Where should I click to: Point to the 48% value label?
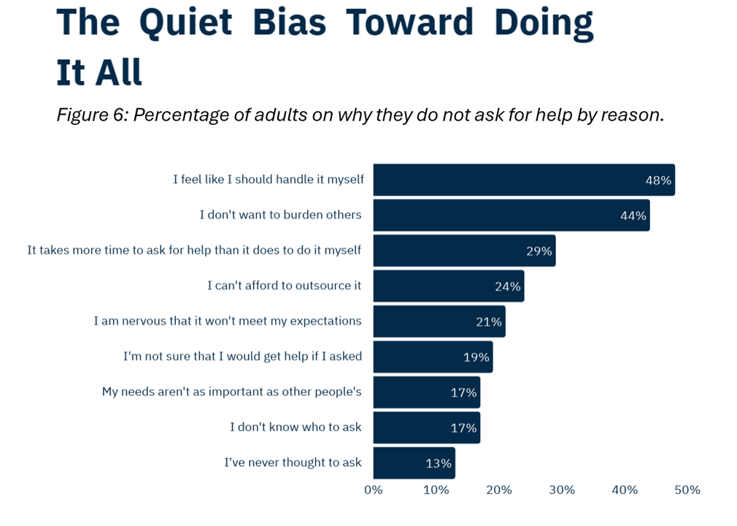coord(658,180)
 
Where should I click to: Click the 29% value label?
coord(539,251)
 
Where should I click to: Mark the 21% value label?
coord(489,321)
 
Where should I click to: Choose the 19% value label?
coord(476,357)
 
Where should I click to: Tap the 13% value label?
coord(439,463)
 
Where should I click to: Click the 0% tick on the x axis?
coord(374,490)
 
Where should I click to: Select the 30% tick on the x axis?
coord(562,490)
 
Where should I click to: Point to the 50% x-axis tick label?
coord(687,490)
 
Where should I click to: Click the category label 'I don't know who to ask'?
coord(296,427)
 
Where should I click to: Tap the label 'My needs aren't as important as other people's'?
coord(231,392)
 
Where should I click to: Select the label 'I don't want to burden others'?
coord(280,215)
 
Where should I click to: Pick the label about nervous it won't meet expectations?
coord(227,321)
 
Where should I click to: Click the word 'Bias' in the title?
coord(289,22)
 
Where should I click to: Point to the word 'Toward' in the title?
coord(409,22)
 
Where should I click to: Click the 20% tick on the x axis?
coord(499,490)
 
